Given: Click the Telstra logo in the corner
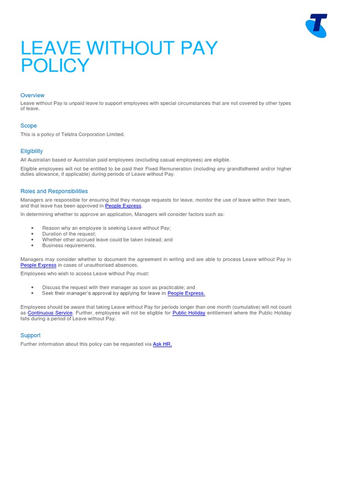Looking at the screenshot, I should pos(316,26).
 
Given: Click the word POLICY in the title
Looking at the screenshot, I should pos(55,66).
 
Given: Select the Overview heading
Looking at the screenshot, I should pos(32,95).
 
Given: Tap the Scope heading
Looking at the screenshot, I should pos(29,126).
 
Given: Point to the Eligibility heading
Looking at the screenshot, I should pos(31,151).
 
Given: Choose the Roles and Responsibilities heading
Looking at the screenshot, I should pos(54,191).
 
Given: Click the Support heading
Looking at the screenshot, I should pos(30,335).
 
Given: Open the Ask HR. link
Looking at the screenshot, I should pos(162,344).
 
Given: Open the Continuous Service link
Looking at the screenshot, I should pos(50,313).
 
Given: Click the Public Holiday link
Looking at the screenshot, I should pos(189,313).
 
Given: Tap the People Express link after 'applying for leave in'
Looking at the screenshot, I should pos(186,293).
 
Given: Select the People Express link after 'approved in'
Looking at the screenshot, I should pos(123,206).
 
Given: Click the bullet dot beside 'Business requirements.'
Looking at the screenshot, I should pos(32,246).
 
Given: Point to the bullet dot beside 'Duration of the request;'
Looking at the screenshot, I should pos(32,234).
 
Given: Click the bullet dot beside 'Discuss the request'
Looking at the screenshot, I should pos(32,288).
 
